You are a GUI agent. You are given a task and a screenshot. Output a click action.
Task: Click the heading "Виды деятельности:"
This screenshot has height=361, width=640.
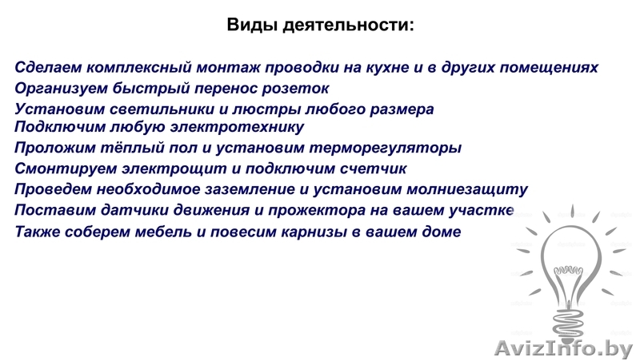[x=320, y=25]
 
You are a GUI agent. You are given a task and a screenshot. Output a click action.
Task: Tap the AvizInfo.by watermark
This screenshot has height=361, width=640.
[x=563, y=348]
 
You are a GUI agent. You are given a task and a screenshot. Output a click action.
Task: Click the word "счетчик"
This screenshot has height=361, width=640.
[x=375, y=169]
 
